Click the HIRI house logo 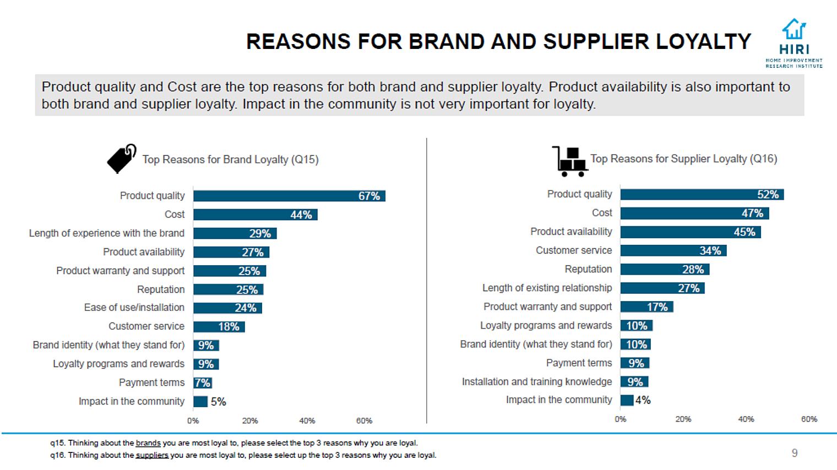793,30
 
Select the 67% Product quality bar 289,196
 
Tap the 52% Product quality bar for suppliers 702,194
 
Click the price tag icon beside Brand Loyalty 121,159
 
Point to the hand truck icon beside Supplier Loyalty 569,161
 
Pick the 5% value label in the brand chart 219,402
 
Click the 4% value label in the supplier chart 643,400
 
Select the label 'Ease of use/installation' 134,308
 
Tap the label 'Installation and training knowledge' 536,381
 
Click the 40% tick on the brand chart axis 307,420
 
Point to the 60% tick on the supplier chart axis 808,419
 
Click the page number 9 795,453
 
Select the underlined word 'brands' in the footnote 148,443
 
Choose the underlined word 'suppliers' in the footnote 152,455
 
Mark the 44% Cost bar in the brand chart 255,215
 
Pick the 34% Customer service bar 673,251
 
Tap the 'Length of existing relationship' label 547,288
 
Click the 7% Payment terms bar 203,383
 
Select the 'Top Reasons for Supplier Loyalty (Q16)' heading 683,159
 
